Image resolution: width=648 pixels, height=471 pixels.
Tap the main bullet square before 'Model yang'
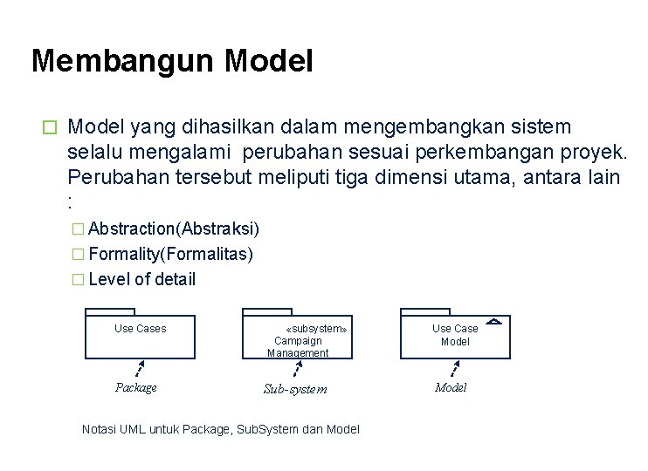(x=50, y=127)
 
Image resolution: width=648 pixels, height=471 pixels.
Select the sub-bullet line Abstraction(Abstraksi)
(x=172, y=229)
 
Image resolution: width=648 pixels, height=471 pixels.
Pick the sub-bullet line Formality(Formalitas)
(x=169, y=254)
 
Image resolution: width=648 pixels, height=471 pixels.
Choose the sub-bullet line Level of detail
(x=141, y=279)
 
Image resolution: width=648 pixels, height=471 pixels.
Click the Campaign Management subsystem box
(x=298, y=338)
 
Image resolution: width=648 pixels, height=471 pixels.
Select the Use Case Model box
(x=455, y=336)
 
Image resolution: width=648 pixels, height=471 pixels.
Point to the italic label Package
(x=136, y=387)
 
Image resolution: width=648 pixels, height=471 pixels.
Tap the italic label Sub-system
(x=295, y=389)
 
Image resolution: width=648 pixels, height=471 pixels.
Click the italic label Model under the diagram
(x=451, y=387)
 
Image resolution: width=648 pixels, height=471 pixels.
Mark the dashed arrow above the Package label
(x=139, y=368)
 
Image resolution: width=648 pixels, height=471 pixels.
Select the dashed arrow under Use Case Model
(x=454, y=368)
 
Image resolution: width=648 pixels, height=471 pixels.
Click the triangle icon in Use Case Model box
(x=493, y=322)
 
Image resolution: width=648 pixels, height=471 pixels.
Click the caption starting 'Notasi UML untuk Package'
(x=220, y=429)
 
